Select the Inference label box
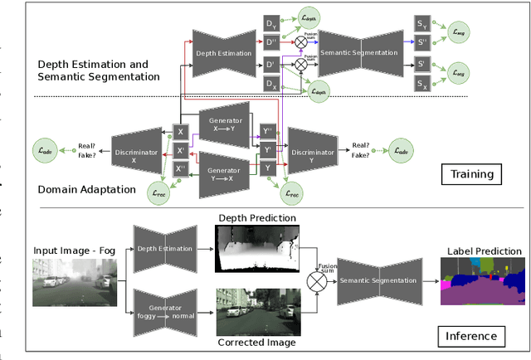point(470,335)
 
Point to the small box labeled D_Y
point(270,23)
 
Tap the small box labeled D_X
point(270,84)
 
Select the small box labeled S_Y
point(423,23)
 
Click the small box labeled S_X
point(423,84)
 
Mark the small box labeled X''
point(181,168)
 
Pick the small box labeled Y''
point(268,131)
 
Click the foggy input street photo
point(71,282)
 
